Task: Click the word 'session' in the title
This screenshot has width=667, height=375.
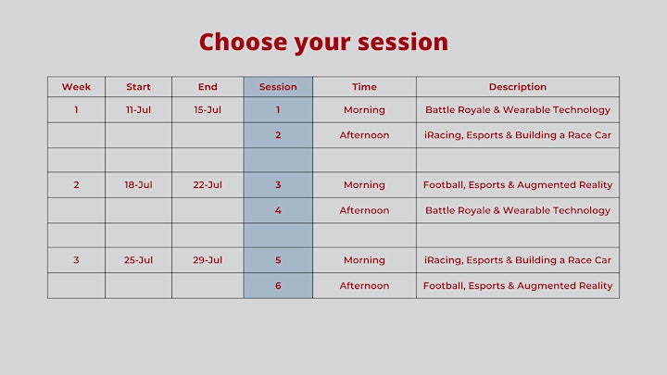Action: (403, 42)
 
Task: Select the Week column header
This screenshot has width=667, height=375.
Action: (76, 87)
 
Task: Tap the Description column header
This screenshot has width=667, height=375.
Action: (518, 87)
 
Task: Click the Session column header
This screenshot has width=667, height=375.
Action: (278, 87)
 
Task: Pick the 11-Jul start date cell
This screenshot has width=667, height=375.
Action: (138, 109)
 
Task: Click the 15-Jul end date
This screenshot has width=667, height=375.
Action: (208, 109)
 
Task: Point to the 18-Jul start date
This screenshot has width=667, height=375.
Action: (138, 185)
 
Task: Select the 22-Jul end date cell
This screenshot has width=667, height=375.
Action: (208, 185)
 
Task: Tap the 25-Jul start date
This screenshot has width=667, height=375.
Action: (138, 260)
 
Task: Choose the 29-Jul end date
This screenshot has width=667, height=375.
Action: (208, 260)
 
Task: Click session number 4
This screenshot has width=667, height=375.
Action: (278, 210)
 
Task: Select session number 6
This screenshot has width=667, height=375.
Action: (278, 286)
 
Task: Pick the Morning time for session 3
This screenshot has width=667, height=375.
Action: (365, 185)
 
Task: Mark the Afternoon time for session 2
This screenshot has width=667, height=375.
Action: (365, 135)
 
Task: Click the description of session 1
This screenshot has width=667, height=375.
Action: (518, 109)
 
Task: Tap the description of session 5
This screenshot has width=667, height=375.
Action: (518, 260)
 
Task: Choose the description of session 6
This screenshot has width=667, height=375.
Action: (518, 286)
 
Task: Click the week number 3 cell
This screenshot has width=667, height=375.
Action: (76, 260)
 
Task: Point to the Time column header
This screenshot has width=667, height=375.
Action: (365, 87)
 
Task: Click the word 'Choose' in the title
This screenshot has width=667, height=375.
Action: (243, 42)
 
